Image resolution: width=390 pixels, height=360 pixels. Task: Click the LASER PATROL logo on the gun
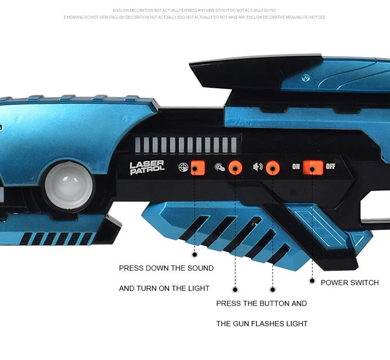tap(147, 167)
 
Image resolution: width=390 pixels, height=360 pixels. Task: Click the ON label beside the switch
tap(296, 167)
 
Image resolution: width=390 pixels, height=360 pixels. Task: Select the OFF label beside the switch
tap(331, 167)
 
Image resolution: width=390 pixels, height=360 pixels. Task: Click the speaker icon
tap(257, 167)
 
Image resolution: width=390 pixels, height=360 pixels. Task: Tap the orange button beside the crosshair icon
tap(197, 167)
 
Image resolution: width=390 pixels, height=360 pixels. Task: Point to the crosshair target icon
tap(183, 167)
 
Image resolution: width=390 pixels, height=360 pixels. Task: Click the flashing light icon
tap(219, 167)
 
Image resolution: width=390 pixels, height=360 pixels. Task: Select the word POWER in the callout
tap(334, 283)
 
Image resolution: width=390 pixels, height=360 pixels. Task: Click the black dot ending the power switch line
tap(312, 281)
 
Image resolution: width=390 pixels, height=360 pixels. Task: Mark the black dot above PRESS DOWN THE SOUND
tap(195, 255)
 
